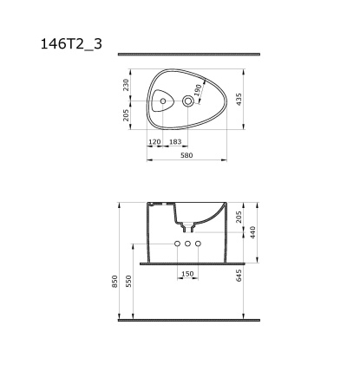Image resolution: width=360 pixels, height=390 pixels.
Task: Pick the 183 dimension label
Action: [176, 140]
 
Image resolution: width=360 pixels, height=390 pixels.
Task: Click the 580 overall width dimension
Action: [187, 155]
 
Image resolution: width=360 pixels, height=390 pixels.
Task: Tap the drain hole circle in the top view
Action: [189, 102]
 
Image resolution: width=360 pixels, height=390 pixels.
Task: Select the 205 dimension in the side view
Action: [240, 218]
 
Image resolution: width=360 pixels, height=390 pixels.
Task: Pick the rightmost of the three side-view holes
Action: [198, 245]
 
